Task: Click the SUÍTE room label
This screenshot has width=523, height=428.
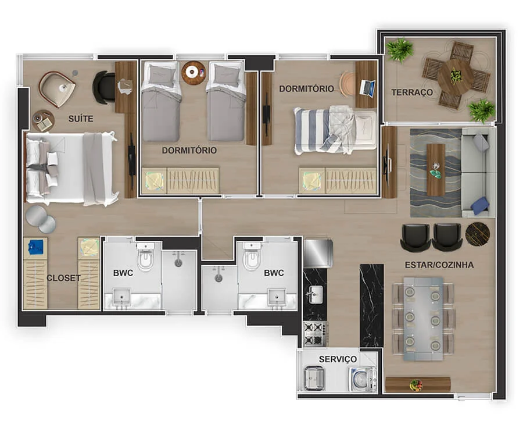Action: (81, 119)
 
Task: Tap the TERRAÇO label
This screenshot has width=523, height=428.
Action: (412, 92)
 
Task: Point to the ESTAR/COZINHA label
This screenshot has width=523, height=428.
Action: (439, 265)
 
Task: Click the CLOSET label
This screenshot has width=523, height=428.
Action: (63, 278)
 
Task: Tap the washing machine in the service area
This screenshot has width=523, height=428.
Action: (363, 379)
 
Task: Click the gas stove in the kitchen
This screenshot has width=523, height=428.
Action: (314, 334)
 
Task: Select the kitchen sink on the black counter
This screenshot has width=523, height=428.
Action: (315, 294)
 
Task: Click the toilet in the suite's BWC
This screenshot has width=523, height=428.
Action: (145, 256)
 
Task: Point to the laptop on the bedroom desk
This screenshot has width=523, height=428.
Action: (367, 88)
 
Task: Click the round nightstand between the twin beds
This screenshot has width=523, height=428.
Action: (194, 73)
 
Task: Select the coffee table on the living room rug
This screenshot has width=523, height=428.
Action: (436, 170)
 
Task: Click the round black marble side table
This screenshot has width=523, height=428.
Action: (477, 234)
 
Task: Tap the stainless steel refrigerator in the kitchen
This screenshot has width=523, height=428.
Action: (318, 253)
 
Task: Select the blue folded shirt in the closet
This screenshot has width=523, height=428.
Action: (36, 247)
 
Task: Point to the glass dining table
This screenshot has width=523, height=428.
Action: (424, 319)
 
